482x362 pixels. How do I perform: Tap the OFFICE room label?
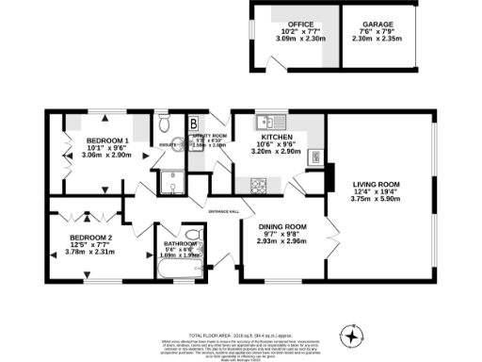(288, 24)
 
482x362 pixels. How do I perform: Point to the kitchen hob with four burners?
(315, 156)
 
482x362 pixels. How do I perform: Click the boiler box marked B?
(193, 123)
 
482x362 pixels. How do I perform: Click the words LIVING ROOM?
(377, 184)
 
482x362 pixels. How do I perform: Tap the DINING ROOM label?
(282, 227)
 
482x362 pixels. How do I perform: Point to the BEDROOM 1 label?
(108, 140)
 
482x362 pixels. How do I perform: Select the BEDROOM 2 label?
(91, 237)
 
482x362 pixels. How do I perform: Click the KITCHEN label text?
(277, 136)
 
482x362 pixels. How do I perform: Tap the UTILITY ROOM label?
(209, 136)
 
